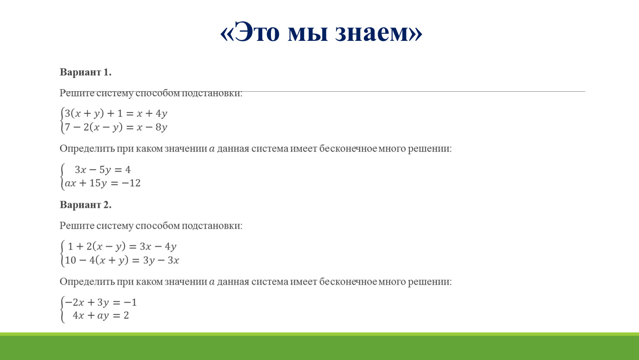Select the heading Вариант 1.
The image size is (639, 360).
(85, 72)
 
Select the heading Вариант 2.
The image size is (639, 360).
(85, 205)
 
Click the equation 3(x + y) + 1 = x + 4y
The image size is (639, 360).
(116, 113)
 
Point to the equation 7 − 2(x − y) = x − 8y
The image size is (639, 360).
(116, 127)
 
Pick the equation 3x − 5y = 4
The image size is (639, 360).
(103, 170)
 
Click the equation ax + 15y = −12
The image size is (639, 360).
(103, 183)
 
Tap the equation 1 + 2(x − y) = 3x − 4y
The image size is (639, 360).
(122, 246)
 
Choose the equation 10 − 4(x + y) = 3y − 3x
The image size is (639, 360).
(122, 260)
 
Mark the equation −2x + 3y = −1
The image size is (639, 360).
(101, 302)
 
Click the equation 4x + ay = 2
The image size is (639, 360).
(101, 315)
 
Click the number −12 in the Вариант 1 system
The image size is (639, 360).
(131, 183)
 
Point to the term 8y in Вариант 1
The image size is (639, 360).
(161, 127)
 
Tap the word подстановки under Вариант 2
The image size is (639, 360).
(211, 226)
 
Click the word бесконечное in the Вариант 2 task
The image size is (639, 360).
(348, 282)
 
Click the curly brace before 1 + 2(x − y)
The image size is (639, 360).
(63, 253)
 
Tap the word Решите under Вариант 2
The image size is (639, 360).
(77, 226)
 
